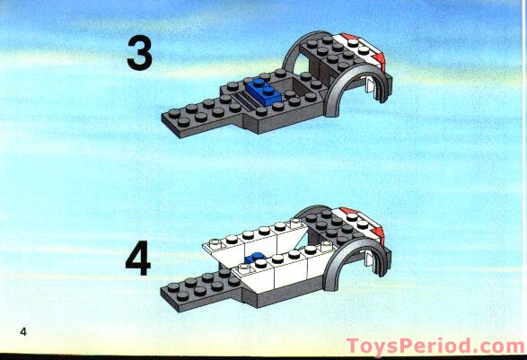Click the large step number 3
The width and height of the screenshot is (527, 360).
139,53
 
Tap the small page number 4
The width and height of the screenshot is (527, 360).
23,332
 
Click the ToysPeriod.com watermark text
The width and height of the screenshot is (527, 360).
435,347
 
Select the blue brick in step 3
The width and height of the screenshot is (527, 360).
264,90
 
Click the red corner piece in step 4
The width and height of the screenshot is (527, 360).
378,233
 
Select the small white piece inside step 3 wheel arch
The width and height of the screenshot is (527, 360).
370,85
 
